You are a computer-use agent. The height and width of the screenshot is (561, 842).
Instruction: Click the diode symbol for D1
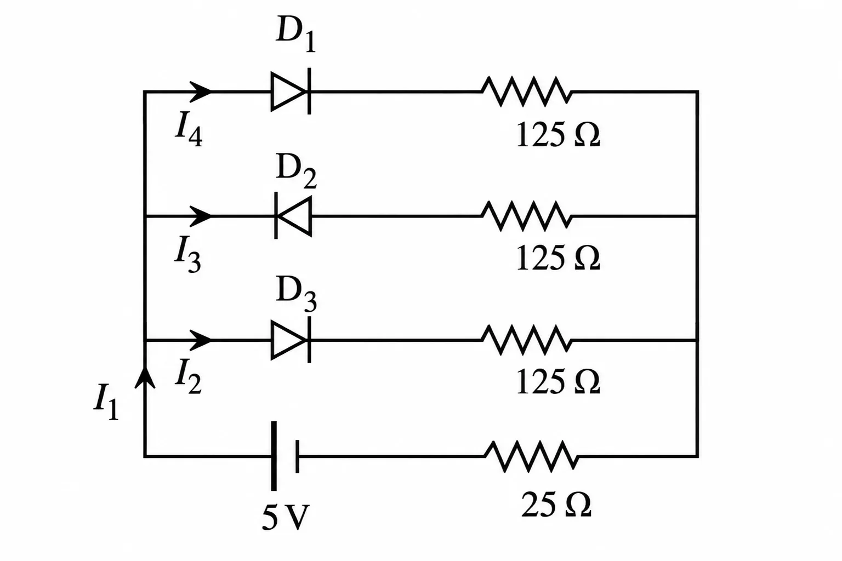(x=291, y=91)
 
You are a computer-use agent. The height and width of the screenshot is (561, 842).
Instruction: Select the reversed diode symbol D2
(x=293, y=216)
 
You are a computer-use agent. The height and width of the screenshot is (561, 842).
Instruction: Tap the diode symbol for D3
(x=291, y=340)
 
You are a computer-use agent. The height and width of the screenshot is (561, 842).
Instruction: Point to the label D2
(x=296, y=171)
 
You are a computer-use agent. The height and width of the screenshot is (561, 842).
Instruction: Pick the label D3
(x=296, y=294)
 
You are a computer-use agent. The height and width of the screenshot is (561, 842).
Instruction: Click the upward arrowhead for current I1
(x=145, y=377)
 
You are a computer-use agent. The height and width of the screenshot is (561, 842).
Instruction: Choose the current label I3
(x=188, y=254)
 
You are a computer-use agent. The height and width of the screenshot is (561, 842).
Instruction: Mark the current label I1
(x=106, y=402)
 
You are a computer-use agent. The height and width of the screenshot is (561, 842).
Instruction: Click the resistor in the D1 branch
(x=526, y=91)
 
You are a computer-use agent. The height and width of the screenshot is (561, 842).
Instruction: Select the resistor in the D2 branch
(x=526, y=216)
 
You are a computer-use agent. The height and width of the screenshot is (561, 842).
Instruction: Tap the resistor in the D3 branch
(x=526, y=340)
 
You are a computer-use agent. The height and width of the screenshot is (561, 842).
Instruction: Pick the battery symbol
(x=285, y=456)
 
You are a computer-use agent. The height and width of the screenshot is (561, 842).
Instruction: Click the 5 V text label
(x=286, y=517)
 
